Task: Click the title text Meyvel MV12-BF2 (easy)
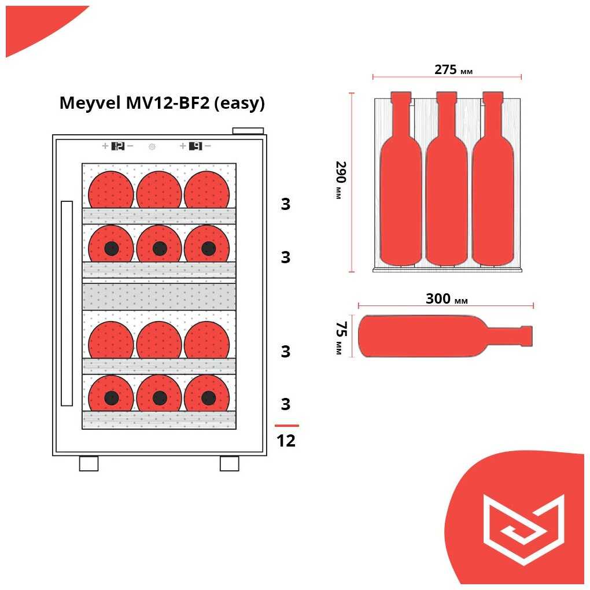[162, 103]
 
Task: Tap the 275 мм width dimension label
[453, 70]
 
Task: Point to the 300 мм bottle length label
[446, 299]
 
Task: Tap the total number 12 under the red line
[286, 441]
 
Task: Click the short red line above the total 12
[286, 426]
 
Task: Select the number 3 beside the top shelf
[285, 205]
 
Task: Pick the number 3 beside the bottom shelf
[285, 404]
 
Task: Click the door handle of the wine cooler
[67, 303]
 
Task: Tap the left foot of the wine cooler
[89, 463]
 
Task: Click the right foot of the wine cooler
[229, 463]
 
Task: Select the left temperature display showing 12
[117, 146]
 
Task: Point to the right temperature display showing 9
[196, 146]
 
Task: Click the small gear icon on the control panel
[152, 147]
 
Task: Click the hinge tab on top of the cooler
[248, 131]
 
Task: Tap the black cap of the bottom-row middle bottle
[160, 398]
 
